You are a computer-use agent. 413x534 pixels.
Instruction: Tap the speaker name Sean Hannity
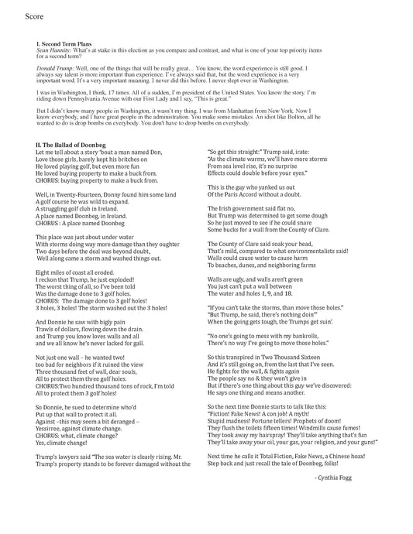click(x=51, y=51)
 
